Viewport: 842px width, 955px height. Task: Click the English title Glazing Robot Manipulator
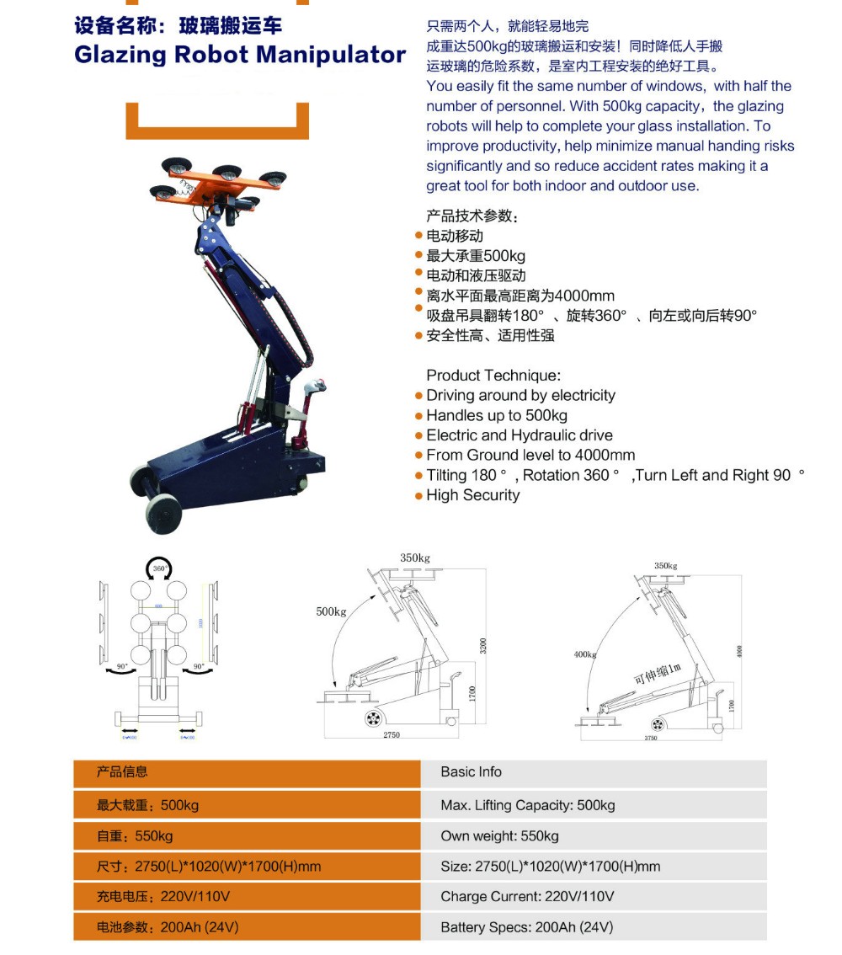[x=240, y=55]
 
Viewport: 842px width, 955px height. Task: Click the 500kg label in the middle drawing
[x=331, y=611]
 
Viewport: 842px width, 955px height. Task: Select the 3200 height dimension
[x=483, y=646]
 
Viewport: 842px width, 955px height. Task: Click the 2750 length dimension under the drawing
[x=391, y=735]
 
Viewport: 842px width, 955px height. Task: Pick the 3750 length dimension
[x=650, y=738]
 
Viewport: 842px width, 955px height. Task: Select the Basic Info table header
[x=471, y=772]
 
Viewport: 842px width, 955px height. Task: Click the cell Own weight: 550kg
[x=499, y=836]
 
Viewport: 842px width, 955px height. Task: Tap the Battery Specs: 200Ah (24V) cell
[x=526, y=927]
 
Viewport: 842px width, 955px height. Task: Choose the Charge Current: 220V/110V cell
[x=527, y=896]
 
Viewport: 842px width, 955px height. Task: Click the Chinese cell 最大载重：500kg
[x=148, y=805]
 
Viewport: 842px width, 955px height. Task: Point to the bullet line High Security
[x=472, y=495]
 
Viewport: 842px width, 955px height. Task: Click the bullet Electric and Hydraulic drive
[x=519, y=435]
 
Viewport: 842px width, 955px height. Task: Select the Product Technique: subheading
[x=493, y=376]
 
